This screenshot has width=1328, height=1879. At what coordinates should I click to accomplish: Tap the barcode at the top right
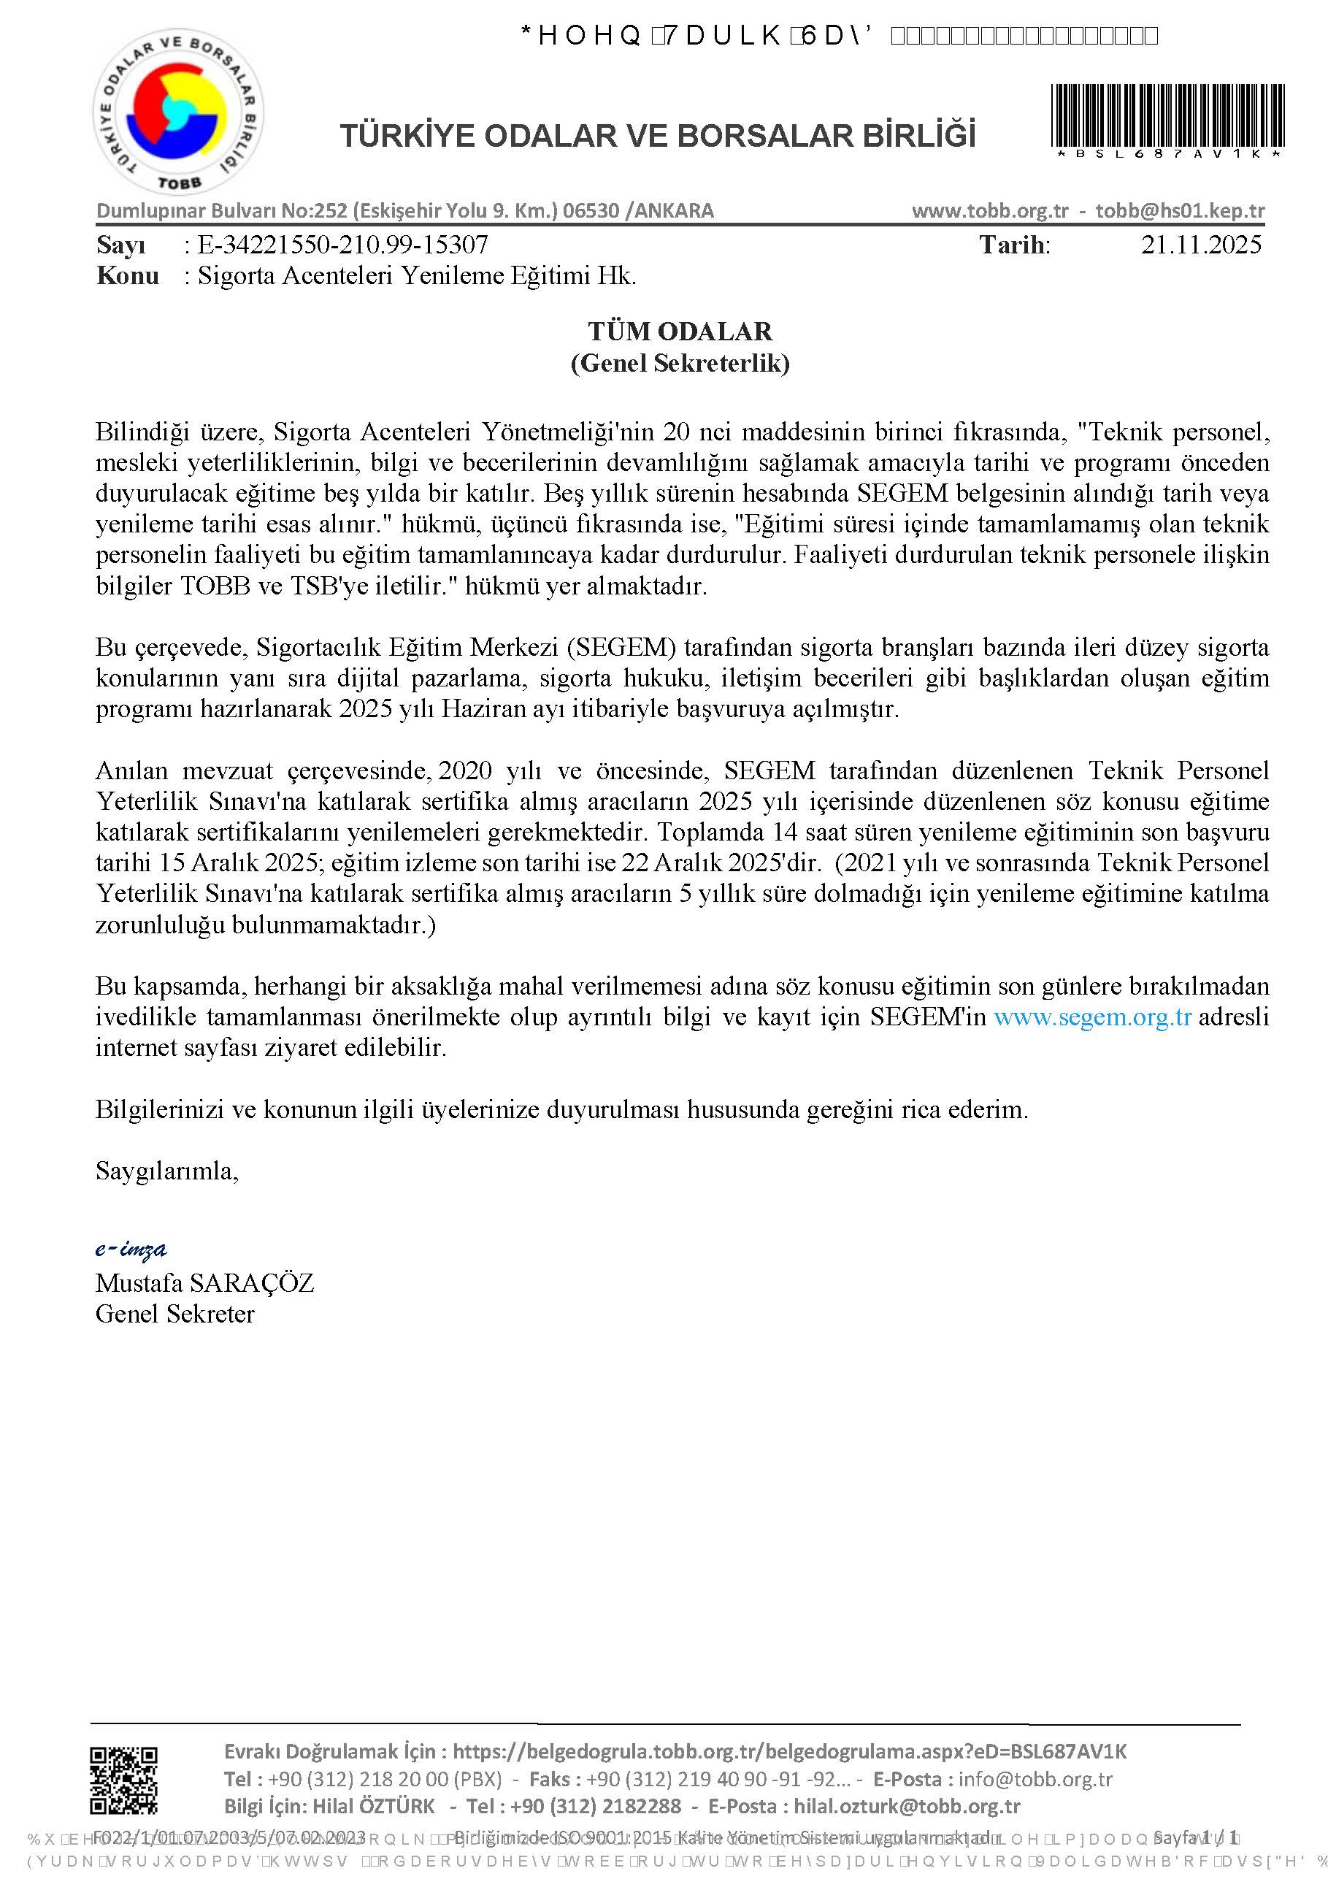(x=1167, y=116)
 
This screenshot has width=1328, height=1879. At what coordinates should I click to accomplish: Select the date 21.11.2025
(x=1200, y=245)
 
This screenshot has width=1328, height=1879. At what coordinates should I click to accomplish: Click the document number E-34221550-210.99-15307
(x=343, y=245)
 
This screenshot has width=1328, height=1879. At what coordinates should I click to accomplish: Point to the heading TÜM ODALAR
(x=679, y=332)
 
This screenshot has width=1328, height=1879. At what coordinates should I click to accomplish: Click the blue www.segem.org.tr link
(x=1091, y=1017)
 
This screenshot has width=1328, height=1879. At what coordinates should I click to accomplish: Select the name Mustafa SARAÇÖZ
(x=204, y=1282)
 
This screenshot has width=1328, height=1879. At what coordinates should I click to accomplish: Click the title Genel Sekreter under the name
(x=174, y=1314)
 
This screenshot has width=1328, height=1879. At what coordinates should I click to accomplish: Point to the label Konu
(x=128, y=276)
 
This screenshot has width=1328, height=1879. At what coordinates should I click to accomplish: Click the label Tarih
(x=1014, y=245)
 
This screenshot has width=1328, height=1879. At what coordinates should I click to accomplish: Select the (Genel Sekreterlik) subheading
(x=679, y=362)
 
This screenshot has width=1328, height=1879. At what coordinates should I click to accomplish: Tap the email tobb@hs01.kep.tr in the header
(x=1180, y=210)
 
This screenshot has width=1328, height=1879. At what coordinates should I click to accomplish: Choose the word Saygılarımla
(x=167, y=1171)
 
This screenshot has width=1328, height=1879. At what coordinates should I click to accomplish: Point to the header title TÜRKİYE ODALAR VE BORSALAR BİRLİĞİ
(x=658, y=136)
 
